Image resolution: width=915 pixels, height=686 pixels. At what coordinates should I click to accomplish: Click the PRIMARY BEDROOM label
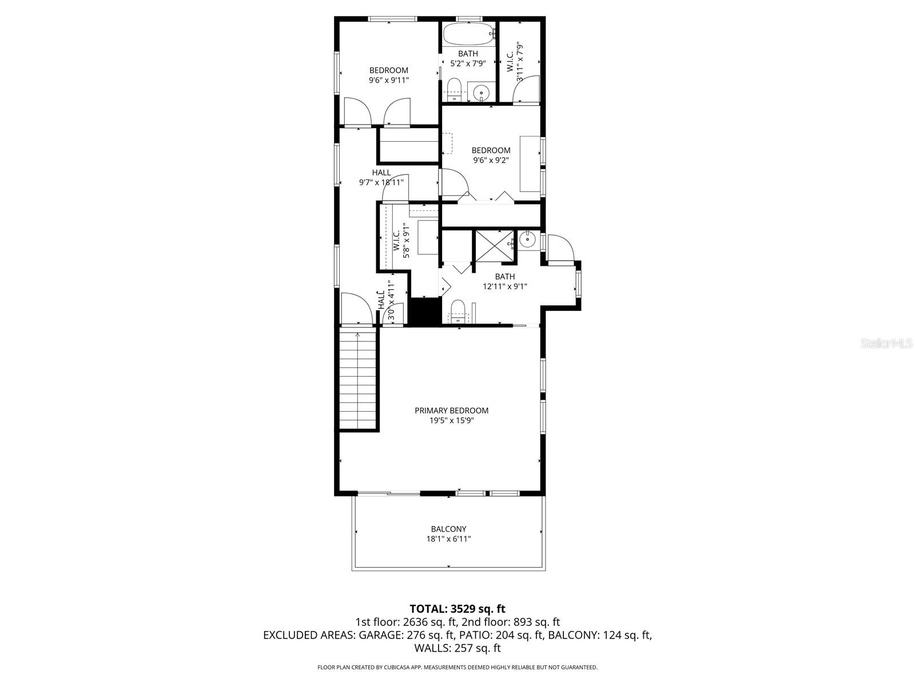pos(451,410)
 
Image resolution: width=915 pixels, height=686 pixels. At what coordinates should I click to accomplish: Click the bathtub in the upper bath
pos(468,34)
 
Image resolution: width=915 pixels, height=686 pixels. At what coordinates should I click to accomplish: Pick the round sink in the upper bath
pos(482,91)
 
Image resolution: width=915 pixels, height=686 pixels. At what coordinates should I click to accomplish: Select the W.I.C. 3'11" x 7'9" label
pos(515,61)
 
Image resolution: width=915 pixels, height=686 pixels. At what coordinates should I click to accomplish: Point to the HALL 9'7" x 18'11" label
pos(381,177)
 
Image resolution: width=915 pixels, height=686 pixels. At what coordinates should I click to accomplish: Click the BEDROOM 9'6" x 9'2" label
pos(491,155)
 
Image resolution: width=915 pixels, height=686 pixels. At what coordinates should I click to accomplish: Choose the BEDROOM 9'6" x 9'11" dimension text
pos(389,81)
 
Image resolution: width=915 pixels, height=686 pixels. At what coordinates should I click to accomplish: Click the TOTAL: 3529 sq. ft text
pos(457,609)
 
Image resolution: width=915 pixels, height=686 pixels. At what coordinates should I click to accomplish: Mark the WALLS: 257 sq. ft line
pos(457,648)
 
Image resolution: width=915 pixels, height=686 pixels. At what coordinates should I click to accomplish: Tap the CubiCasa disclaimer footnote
pos(457,667)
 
